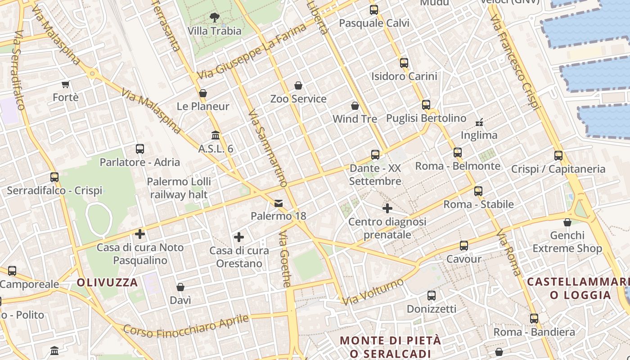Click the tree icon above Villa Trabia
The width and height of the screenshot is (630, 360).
pos(215,18)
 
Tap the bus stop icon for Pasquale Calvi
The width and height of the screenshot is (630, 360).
pos(374,9)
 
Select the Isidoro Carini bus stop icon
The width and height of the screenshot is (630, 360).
pos(404,63)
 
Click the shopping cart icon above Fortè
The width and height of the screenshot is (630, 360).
pos(66,84)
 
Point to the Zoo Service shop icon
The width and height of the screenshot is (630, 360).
pos(298,85)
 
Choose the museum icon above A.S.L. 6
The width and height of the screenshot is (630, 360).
pos(216,135)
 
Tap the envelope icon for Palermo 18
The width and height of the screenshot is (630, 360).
pos(279,203)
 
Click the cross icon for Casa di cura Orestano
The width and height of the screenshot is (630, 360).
pos(239,237)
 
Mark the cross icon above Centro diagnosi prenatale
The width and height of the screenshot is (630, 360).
pos(387,208)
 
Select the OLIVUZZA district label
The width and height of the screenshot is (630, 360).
pos(107,283)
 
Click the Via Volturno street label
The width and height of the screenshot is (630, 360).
pos(373,292)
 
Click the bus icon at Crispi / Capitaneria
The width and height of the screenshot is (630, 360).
pos(558,156)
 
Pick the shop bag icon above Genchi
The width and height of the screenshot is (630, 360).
pos(567,222)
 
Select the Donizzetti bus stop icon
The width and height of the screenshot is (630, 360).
pos(432,296)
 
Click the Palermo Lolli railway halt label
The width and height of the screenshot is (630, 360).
pos(179,188)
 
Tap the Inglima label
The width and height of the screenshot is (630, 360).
pos(479,135)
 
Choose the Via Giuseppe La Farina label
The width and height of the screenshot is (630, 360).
pos(252,50)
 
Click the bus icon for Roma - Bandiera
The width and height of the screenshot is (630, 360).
pos(534,319)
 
